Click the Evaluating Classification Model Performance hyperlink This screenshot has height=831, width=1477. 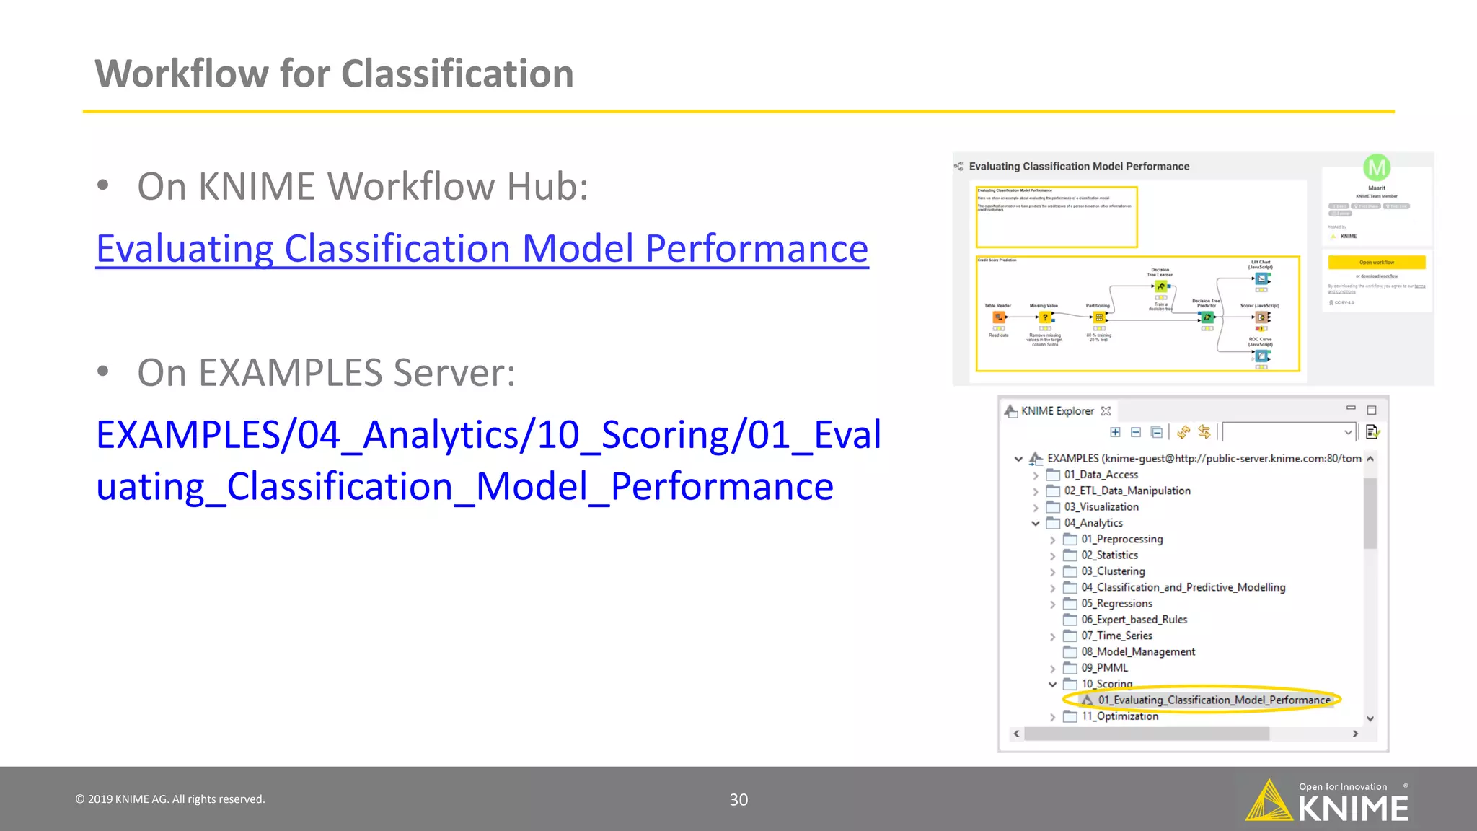(x=482, y=249)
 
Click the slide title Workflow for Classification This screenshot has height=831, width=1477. (x=334, y=74)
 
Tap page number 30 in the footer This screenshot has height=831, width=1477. (x=738, y=799)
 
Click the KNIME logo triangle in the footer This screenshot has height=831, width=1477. (x=1269, y=802)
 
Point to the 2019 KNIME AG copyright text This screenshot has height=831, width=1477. (x=170, y=799)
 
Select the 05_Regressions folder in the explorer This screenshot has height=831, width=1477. (x=1116, y=604)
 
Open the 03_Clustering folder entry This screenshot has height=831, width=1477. (x=1112, y=571)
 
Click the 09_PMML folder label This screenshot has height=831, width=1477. (x=1103, y=668)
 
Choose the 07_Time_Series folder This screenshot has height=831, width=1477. (x=1116, y=636)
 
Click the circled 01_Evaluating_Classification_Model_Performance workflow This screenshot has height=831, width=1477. (x=1213, y=700)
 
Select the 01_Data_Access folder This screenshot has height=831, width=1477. (x=1101, y=475)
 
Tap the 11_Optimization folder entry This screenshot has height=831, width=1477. (x=1119, y=716)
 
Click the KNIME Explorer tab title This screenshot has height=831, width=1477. (x=1057, y=411)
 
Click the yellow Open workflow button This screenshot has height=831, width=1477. (x=1376, y=263)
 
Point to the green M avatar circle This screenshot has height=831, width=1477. (x=1376, y=168)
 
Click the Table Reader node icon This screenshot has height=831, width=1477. (x=999, y=317)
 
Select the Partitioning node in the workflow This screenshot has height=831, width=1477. (x=1098, y=317)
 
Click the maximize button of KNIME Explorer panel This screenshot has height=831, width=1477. (x=1372, y=410)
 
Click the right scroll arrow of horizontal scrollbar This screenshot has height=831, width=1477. (x=1355, y=734)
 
